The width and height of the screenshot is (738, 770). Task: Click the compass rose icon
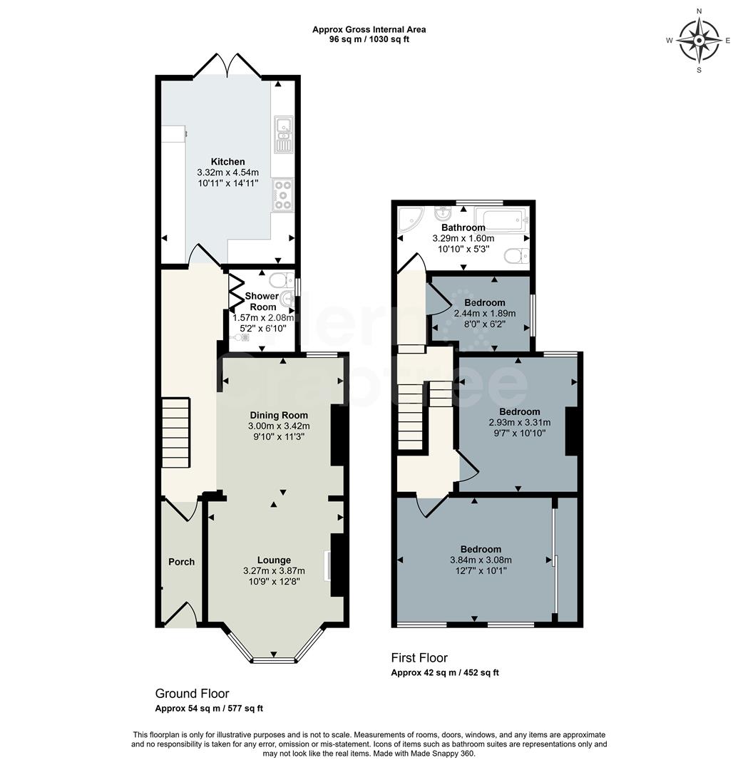(x=699, y=40)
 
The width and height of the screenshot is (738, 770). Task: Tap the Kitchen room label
(x=227, y=162)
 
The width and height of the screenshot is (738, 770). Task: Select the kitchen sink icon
(x=283, y=134)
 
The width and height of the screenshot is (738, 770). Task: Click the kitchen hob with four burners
(x=282, y=195)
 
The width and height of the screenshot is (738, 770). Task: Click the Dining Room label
(x=279, y=415)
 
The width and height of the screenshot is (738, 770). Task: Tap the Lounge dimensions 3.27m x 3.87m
(x=274, y=570)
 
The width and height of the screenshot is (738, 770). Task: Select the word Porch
(x=181, y=562)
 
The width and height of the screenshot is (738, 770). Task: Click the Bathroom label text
(x=463, y=227)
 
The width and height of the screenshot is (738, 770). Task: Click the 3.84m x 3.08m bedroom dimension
(x=480, y=560)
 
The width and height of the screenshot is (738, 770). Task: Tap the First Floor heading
(x=419, y=658)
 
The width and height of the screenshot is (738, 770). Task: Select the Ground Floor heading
(x=192, y=693)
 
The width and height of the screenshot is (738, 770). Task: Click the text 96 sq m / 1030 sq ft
(x=369, y=39)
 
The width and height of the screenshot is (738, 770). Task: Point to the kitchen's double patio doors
(x=227, y=66)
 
